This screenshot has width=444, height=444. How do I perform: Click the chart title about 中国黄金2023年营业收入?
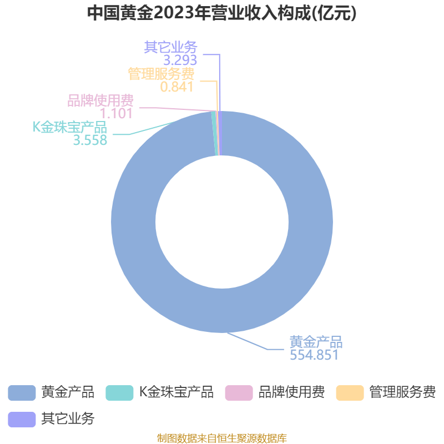[x=221, y=13]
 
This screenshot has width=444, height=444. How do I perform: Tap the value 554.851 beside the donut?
[x=314, y=355]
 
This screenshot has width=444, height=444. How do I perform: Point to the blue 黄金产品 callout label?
[x=316, y=342]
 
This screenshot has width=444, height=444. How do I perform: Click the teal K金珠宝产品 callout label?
[x=70, y=127]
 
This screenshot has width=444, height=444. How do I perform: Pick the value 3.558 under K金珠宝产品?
[x=90, y=140]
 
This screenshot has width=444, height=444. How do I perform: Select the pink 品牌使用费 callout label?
[x=100, y=100]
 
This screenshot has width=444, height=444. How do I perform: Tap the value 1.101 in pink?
[x=116, y=114]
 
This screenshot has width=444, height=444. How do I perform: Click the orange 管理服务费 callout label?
[x=161, y=74]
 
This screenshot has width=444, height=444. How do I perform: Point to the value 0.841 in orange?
[x=176, y=87]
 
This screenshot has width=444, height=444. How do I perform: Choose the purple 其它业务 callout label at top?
[x=170, y=47]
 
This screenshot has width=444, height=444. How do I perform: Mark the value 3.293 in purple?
[x=180, y=60]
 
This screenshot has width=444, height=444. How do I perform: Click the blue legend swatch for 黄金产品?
[x=22, y=393]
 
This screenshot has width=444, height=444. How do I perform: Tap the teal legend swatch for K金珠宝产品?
[x=119, y=393]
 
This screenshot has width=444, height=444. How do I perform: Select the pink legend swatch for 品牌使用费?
[x=239, y=393]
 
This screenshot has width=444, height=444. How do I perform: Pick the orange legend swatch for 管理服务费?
[x=350, y=393]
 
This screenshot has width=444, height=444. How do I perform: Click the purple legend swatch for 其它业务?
[x=22, y=420]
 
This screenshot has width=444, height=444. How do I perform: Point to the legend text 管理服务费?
[x=403, y=392]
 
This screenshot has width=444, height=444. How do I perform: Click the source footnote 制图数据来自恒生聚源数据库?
[x=222, y=438]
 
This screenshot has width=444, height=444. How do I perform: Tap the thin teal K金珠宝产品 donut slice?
[x=215, y=133]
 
